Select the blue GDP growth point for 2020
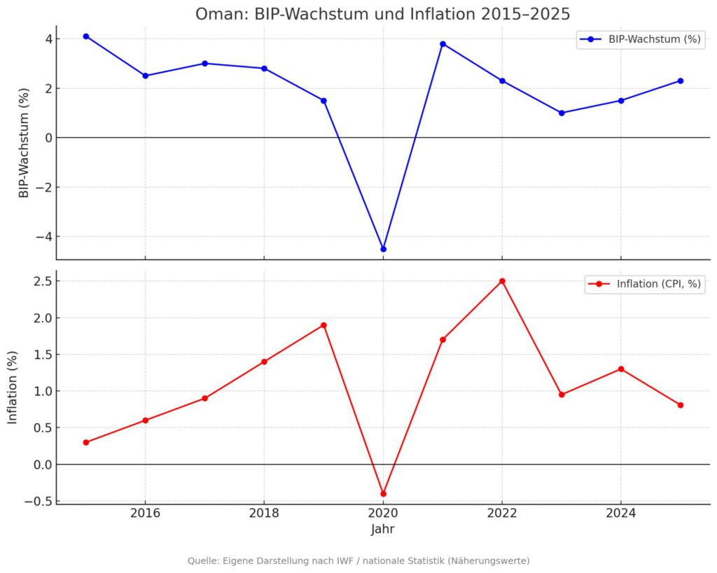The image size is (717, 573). (383, 249)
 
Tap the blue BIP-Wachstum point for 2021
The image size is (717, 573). (443, 43)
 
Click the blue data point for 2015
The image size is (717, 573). (85, 36)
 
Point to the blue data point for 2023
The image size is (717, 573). (562, 113)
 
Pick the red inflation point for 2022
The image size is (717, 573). (502, 281)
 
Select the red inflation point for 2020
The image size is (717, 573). (383, 494)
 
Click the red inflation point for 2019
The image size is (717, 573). (323, 325)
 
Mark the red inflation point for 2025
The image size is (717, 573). (681, 405)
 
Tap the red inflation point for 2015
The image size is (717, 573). (85, 442)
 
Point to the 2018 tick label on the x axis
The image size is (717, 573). (264, 513)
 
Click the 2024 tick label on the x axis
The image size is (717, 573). (621, 513)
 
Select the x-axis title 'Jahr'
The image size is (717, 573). (383, 530)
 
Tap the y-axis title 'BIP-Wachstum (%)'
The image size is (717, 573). (25, 142)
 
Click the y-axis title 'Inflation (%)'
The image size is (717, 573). (13, 387)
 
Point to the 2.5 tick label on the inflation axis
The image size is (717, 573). (37, 281)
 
